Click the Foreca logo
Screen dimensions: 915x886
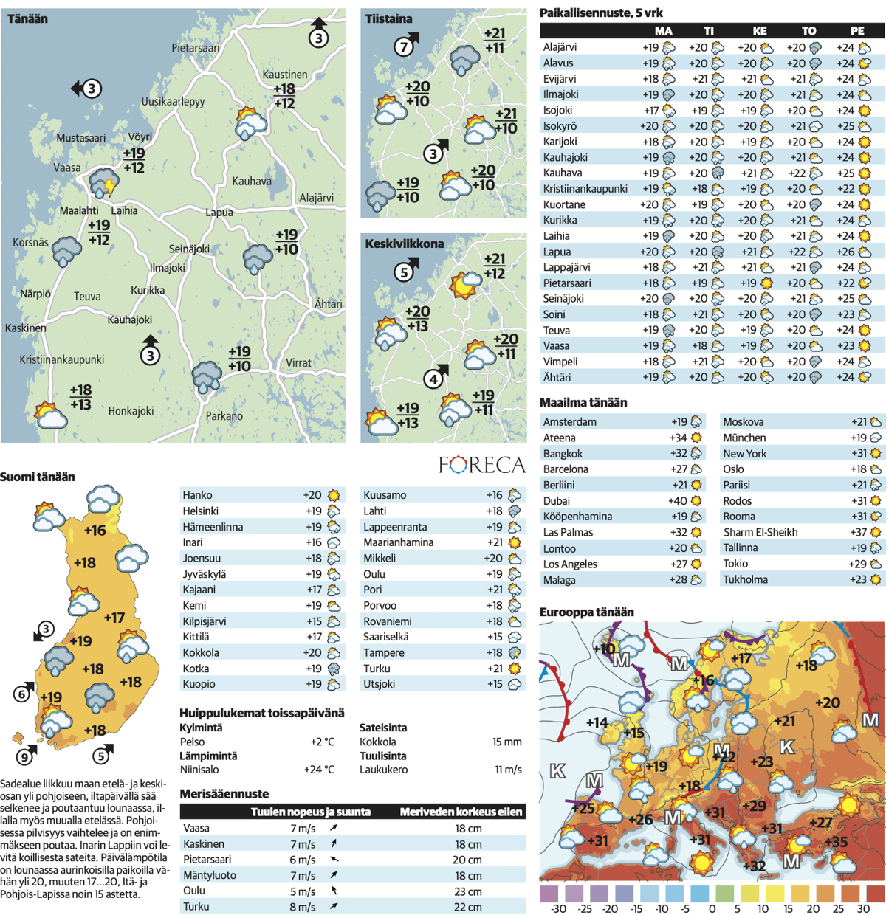pyautogui.click(x=481, y=464)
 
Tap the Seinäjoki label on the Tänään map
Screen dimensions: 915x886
pyautogui.click(x=189, y=249)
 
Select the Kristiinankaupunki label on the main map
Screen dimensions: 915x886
pyautogui.click(x=62, y=359)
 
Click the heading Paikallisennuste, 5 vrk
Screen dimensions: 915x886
pyautogui.click(x=601, y=13)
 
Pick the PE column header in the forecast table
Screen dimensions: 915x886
pyautogui.click(x=856, y=31)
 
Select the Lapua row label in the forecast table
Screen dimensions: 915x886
pyautogui.click(x=557, y=252)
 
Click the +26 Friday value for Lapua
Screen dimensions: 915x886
pyautogui.click(x=845, y=252)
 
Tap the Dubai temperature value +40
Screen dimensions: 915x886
pyautogui.click(x=677, y=500)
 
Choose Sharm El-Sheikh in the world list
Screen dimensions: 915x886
pyautogui.click(x=760, y=532)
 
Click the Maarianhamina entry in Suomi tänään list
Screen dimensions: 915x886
pyautogui.click(x=398, y=542)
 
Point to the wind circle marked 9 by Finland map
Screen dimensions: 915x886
pyautogui.click(x=25, y=756)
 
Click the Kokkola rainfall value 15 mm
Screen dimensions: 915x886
pyautogui.click(x=506, y=742)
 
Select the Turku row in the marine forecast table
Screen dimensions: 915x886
pyautogui.click(x=196, y=906)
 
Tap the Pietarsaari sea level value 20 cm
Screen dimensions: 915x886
pyautogui.click(x=468, y=860)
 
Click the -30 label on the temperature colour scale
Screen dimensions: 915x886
pyautogui.click(x=558, y=908)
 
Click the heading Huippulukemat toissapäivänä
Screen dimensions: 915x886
pyautogui.click(x=261, y=713)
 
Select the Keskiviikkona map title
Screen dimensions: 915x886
pyautogui.click(x=404, y=244)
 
